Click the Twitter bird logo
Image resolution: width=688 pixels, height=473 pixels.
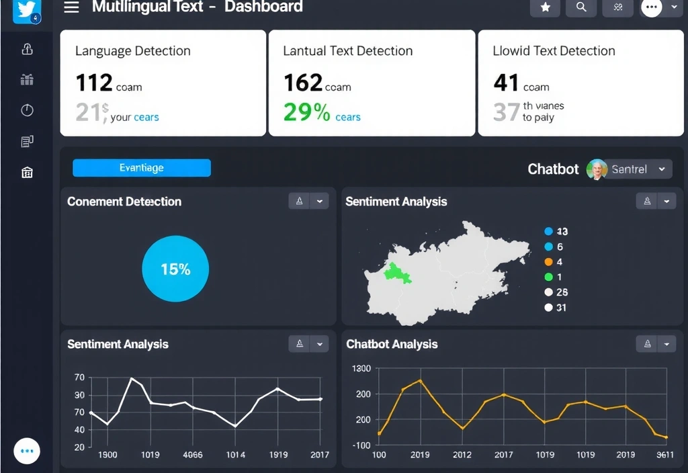(x=27, y=10)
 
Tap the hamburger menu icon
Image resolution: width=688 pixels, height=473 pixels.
(x=71, y=7)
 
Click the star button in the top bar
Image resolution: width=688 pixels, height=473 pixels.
(x=545, y=7)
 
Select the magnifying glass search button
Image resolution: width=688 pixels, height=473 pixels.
(x=581, y=7)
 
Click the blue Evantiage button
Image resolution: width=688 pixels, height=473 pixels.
(x=142, y=168)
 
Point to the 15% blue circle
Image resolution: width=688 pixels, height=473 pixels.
(x=175, y=269)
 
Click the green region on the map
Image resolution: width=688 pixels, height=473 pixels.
(x=396, y=273)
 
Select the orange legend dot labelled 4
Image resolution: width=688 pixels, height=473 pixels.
(x=548, y=262)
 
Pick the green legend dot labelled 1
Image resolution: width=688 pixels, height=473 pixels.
(x=548, y=277)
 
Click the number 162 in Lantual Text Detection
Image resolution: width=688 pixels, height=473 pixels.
(x=303, y=83)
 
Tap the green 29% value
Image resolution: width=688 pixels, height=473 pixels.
(x=307, y=112)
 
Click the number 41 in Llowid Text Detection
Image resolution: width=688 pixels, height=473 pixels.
(x=506, y=83)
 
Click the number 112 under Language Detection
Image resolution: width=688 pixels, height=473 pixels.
(x=94, y=83)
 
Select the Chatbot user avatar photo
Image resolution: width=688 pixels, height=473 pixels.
(x=597, y=169)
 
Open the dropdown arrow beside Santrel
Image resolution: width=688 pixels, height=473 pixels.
(x=662, y=169)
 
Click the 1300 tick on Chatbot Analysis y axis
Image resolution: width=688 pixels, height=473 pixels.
(x=361, y=368)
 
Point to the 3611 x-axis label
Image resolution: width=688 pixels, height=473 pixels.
(x=665, y=455)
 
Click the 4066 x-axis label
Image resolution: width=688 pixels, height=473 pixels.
(x=193, y=455)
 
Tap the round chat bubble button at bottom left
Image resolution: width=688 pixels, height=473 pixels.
(x=27, y=451)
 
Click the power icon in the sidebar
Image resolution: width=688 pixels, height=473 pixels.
(x=27, y=110)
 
